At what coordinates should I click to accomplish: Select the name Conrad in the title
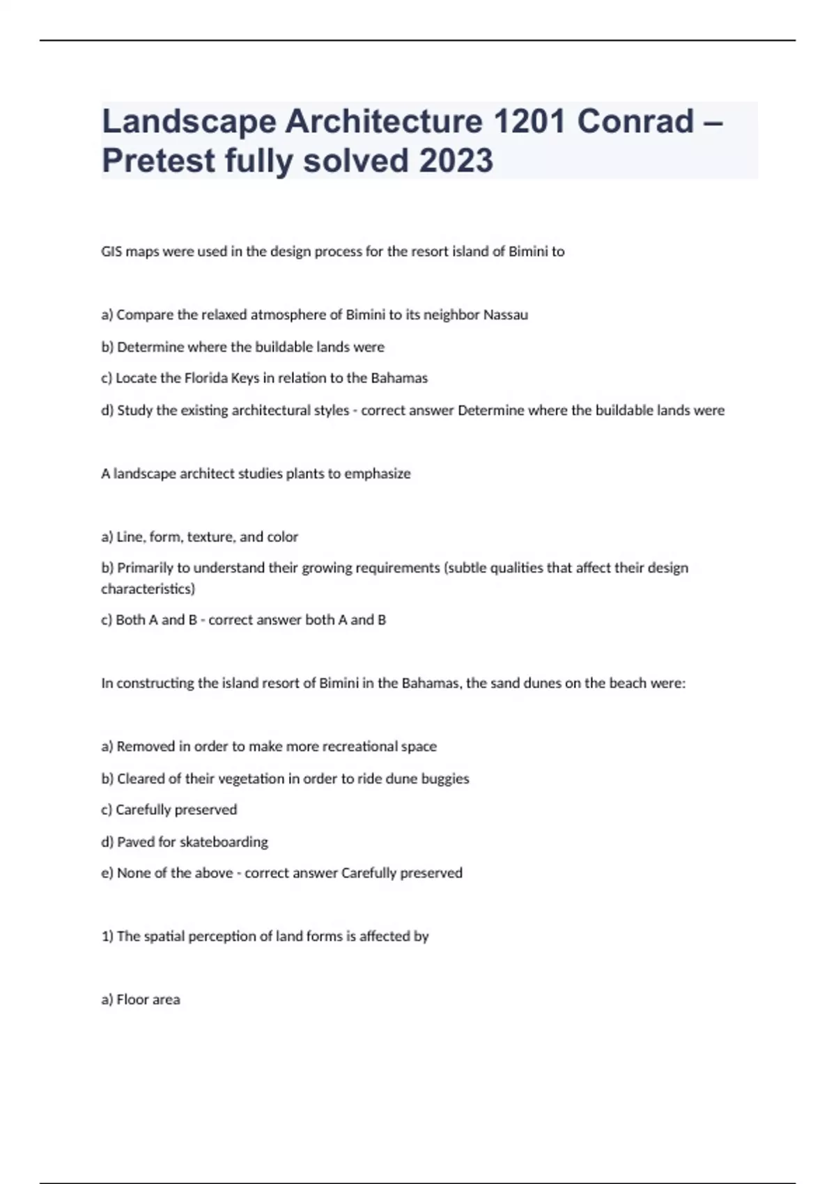635,121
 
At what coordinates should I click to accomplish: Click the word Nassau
505,315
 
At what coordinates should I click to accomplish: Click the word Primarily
145,568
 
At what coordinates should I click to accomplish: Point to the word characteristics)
148,589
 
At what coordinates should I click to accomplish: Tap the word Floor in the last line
131,999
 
